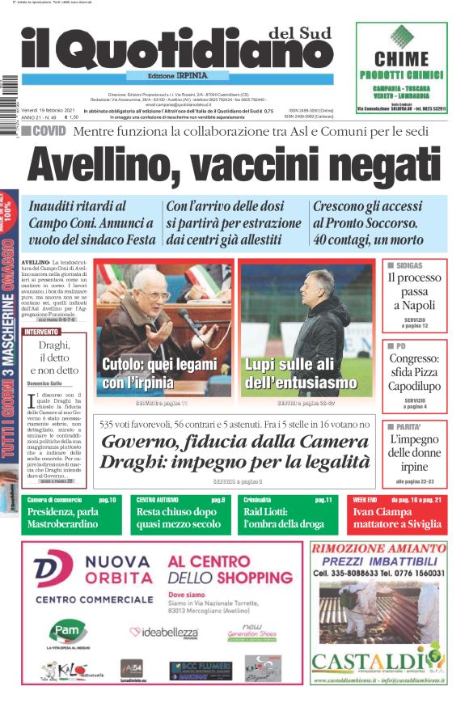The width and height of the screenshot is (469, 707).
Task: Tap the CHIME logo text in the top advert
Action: [401, 58]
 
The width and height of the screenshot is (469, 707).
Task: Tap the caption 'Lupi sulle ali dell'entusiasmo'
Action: [301, 374]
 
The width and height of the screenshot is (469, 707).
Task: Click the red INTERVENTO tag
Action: [41, 332]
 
